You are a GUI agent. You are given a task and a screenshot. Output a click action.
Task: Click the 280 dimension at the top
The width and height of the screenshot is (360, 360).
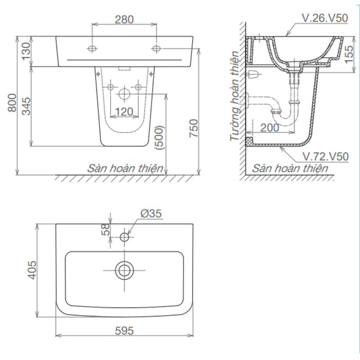pos(124,20)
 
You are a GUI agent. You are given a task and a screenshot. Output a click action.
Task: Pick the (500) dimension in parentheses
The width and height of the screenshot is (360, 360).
pos(160,138)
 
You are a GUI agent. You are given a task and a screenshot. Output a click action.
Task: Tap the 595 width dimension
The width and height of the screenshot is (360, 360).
pos(124,330)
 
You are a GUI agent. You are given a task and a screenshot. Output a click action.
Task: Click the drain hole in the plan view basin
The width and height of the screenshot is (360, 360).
pos(124,269)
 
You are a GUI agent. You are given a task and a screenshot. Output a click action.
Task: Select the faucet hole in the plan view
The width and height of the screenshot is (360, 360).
pos(124,237)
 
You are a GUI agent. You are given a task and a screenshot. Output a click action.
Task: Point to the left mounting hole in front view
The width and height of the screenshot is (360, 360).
pos(93,49)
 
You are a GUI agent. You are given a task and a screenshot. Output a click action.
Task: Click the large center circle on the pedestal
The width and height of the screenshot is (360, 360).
pos(124,94)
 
